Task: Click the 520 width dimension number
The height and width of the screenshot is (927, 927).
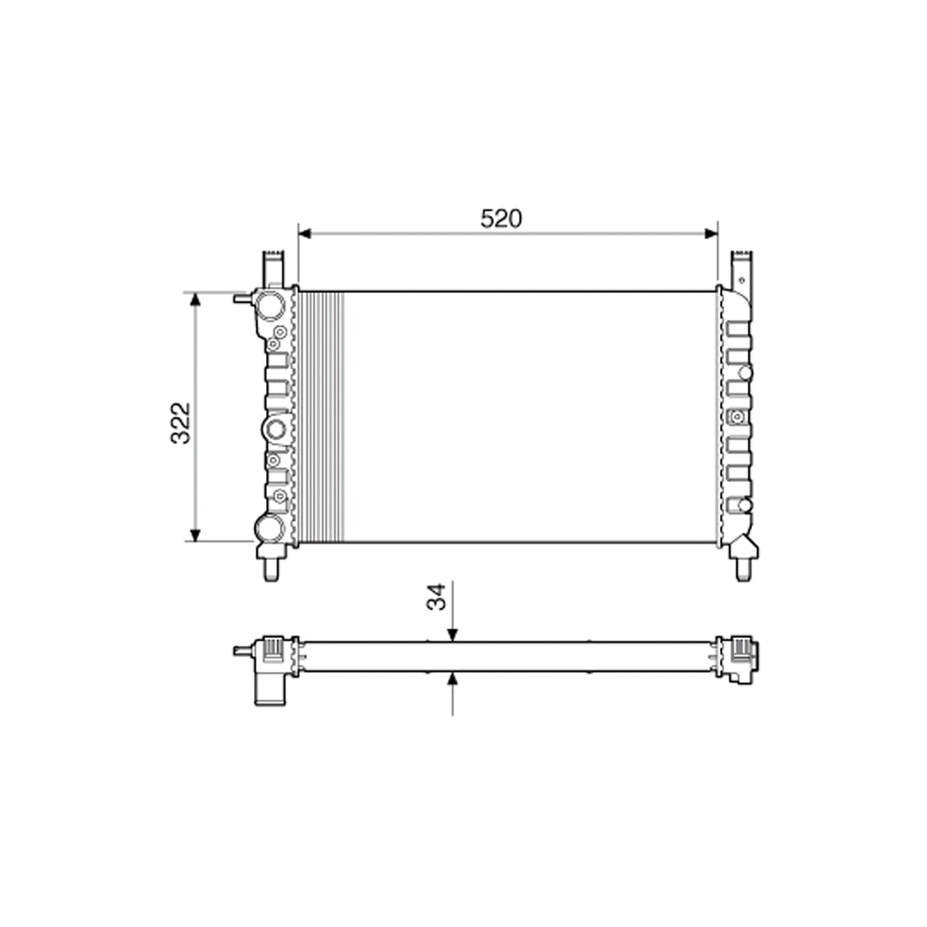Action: [502, 219]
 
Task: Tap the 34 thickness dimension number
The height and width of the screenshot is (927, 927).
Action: [437, 596]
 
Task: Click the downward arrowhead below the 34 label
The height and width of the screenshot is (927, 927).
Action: [452, 634]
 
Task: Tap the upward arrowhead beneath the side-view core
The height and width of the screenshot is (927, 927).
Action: [452, 679]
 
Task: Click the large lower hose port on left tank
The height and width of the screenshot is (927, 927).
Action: [269, 528]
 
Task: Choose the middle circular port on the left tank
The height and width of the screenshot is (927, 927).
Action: [275, 428]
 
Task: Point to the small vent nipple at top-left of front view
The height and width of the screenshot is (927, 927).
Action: [243, 298]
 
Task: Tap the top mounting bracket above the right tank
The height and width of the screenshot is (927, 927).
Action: [742, 268]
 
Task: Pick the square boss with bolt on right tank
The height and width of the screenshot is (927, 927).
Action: [738, 416]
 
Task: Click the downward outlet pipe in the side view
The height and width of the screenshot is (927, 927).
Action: [268, 689]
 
